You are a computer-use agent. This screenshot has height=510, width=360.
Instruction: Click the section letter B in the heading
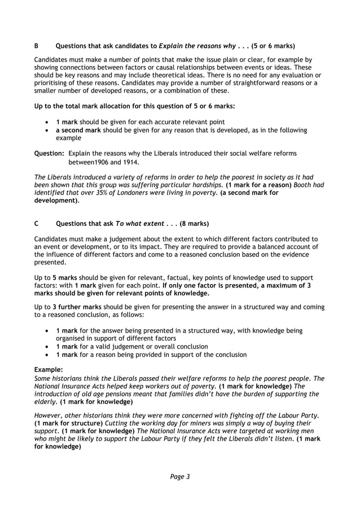point(37,45)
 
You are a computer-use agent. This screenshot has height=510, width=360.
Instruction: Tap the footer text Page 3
point(180,476)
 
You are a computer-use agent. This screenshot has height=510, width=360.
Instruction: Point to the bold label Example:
point(49,369)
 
